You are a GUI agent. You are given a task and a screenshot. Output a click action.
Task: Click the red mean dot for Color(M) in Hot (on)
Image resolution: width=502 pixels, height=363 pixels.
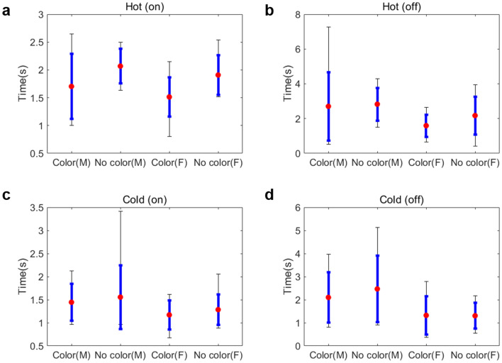click(71, 86)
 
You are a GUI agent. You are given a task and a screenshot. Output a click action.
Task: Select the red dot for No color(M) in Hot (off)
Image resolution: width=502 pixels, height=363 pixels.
click(377, 104)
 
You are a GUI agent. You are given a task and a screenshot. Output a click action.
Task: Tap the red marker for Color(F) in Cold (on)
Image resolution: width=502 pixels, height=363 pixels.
click(169, 315)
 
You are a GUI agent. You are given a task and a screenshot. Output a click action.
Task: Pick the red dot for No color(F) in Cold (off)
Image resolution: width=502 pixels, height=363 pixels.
click(474, 316)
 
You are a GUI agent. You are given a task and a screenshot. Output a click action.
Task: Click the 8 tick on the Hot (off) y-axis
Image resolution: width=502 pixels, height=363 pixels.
click(300, 15)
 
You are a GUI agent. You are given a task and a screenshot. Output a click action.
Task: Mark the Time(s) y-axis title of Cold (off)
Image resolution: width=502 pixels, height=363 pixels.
click(284, 277)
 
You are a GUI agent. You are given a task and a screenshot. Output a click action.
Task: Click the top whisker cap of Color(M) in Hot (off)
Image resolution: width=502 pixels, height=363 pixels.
click(328, 27)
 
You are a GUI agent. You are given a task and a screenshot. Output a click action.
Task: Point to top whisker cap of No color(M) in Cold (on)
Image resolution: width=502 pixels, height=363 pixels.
click(120, 211)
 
